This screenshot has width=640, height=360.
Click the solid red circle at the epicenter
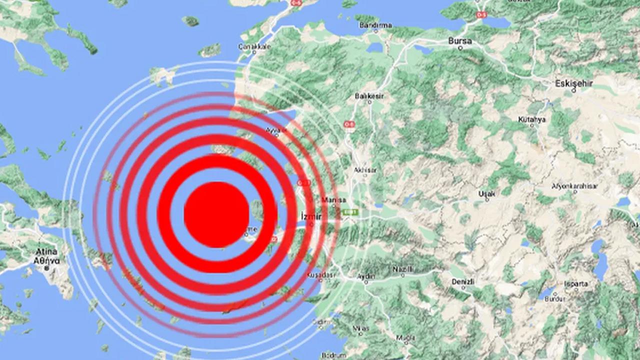[x=216, y=214]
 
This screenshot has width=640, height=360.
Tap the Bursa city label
[x=460, y=40]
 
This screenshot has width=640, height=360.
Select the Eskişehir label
[x=574, y=83]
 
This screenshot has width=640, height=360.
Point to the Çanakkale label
[x=254, y=46]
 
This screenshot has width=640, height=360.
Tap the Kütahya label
[x=531, y=119]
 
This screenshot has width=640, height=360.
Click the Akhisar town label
[x=365, y=170]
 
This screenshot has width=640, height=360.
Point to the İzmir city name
[x=310, y=215]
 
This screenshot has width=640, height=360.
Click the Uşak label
[x=486, y=193]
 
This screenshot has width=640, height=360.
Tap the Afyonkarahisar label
[x=574, y=186]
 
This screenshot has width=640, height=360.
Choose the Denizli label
[x=462, y=281]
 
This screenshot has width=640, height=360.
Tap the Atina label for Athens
[x=46, y=251]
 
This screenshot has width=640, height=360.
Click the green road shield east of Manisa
[x=351, y=212]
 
